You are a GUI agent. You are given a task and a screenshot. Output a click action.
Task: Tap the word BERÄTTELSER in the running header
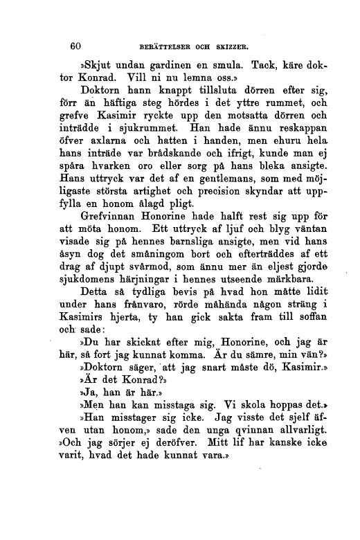tap(165, 48)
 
